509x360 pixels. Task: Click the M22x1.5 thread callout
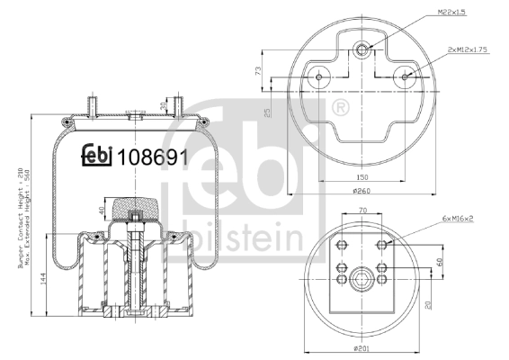451,13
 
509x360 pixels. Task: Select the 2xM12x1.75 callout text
468,49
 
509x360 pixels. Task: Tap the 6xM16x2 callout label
458,219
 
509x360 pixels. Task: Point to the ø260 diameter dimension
362,191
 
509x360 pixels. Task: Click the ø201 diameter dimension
361,348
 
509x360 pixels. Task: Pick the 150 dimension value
362,177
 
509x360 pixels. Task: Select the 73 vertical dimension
258,71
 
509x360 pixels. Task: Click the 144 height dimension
43,279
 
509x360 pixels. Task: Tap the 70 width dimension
362,211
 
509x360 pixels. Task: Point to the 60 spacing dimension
439,262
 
